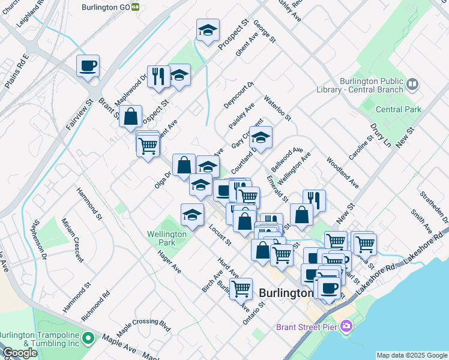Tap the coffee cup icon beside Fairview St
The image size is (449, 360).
[88, 65]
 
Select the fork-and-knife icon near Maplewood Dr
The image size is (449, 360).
[158, 76]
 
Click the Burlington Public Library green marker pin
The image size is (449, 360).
[412, 84]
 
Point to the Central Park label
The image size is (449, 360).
[398, 109]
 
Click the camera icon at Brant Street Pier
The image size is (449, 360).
[346, 326]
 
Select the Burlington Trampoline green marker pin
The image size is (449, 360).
[89, 339]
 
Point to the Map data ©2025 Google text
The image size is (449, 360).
[411, 355]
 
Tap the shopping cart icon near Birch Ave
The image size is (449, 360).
[241, 288]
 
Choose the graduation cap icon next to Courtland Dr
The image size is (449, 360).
[261, 137]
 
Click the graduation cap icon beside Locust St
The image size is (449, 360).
[191, 214]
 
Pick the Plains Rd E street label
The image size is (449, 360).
[17, 71]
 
